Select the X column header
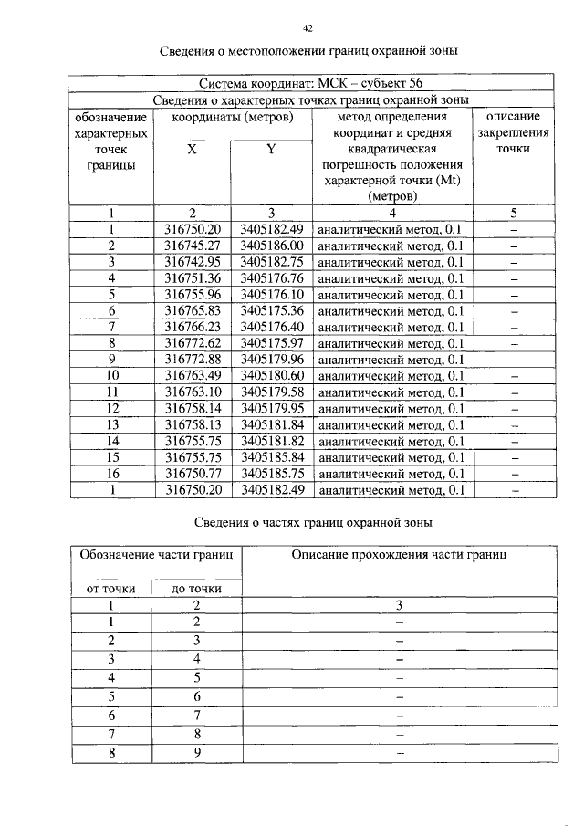(192, 149)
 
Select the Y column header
(271, 149)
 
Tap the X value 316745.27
(193, 246)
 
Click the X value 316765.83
(193, 311)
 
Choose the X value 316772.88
(193, 360)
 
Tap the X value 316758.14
(193, 408)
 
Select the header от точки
(111, 589)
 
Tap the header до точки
(196, 589)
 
